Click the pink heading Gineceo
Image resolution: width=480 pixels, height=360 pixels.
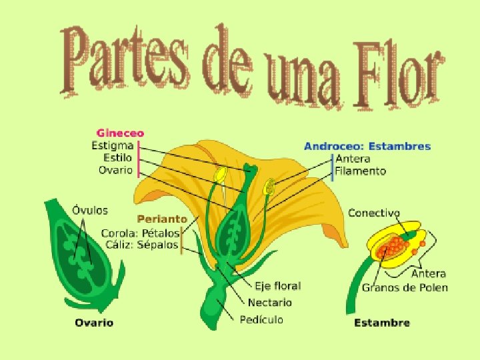click(120, 133)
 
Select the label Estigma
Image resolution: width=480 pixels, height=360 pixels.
click(113, 145)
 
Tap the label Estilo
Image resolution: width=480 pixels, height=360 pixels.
click(118, 157)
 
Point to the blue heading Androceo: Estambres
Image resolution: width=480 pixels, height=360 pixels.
click(367, 146)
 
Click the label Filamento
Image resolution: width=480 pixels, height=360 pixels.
click(360, 171)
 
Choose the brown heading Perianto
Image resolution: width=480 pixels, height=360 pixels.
click(162, 219)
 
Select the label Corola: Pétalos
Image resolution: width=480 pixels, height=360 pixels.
click(140, 233)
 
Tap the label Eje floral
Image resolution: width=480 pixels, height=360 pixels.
click(278, 286)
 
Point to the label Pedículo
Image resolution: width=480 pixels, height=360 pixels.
click(261, 319)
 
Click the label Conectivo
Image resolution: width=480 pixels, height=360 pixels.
click(374, 213)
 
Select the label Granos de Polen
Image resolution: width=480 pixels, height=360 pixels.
click(405, 287)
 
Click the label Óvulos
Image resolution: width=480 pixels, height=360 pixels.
click(89, 210)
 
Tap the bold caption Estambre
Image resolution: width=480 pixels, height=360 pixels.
click(381, 323)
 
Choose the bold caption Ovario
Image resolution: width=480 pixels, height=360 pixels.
click(93, 323)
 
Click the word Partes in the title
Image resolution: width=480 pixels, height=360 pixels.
click(127, 60)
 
